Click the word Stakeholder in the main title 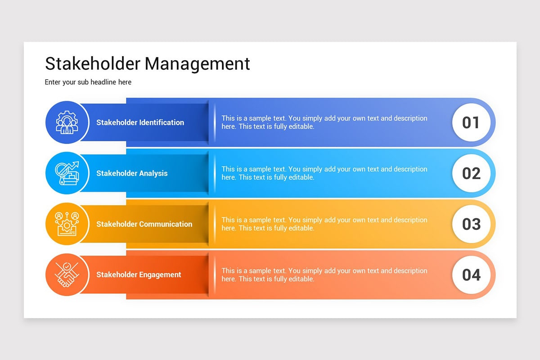click(x=93, y=63)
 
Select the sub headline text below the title click(x=88, y=82)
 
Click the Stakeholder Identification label click(x=140, y=122)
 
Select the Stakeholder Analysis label click(x=132, y=173)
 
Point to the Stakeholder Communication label click(x=144, y=224)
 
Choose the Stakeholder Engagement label click(x=139, y=275)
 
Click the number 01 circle click(x=471, y=122)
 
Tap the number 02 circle click(x=471, y=173)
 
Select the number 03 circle click(x=471, y=224)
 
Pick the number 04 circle click(x=471, y=275)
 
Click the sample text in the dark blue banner click(x=324, y=122)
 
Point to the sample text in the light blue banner click(x=324, y=173)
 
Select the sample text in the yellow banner click(x=324, y=224)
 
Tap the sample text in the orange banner click(x=324, y=275)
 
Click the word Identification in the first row click(x=162, y=122)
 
